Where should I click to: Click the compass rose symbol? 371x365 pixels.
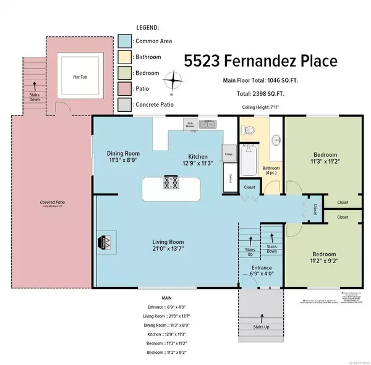(x=177, y=80)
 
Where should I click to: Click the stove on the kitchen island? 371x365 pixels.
(x=171, y=183)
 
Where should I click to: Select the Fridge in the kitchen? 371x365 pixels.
(x=228, y=154)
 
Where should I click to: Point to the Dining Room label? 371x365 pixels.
(x=122, y=153)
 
